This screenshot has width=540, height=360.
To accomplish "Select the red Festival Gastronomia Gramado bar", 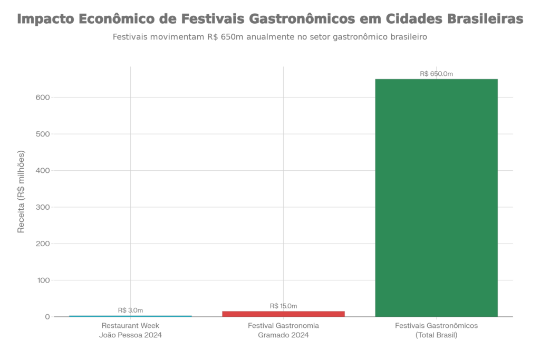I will pyautogui.click(x=283, y=313).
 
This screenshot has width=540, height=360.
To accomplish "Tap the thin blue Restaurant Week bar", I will pyautogui.click(x=130, y=316).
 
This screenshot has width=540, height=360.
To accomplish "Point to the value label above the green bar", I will pyautogui.click(x=436, y=74).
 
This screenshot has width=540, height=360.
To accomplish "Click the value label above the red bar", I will pyautogui.click(x=283, y=306).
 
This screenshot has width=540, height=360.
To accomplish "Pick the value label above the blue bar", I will pyautogui.click(x=130, y=310).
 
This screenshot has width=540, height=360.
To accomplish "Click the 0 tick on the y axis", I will pyautogui.click(x=47, y=317).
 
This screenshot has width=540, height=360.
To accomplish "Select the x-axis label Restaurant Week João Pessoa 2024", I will pyautogui.click(x=130, y=330).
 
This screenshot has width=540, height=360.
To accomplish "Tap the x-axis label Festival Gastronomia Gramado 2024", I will pyautogui.click(x=283, y=330).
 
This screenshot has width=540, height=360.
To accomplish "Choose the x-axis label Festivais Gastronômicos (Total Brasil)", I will pyautogui.click(x=436, y=330).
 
